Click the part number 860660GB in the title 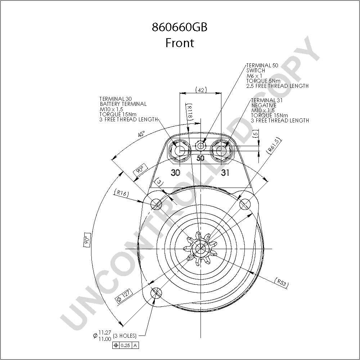(180, 27)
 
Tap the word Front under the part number (180, 43)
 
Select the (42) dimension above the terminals (201, 90)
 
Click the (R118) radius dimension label (190, 112)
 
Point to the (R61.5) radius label (274, 145)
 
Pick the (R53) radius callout (281, 282)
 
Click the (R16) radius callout (121, 193)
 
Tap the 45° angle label (141, 134)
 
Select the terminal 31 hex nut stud (221, 151)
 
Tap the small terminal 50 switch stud (201, 146)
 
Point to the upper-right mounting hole (245, 204)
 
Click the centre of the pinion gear (201, 248)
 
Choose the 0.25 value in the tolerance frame (125, 345)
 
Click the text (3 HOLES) (125, 336)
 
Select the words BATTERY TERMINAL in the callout (123, 104)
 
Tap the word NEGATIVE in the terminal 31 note (264, 105)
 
